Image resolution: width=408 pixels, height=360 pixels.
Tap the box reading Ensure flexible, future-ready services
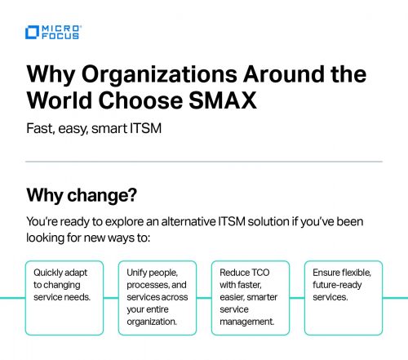(344, 297)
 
